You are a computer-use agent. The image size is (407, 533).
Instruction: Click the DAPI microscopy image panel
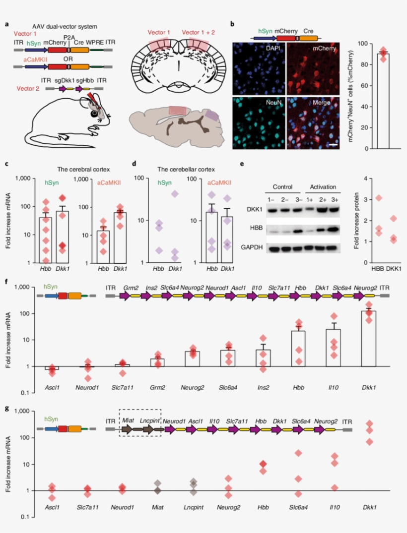(259, 68)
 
